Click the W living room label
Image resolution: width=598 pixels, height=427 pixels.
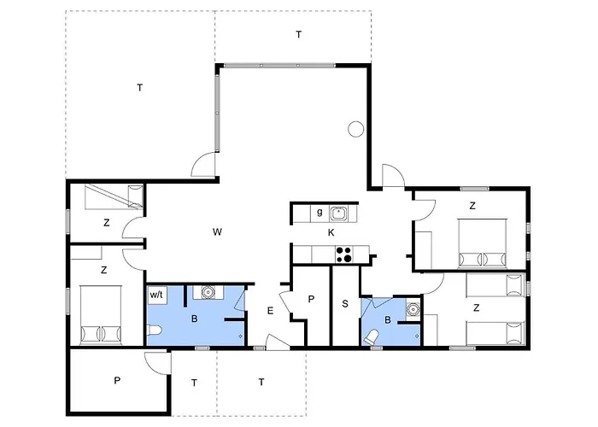217,231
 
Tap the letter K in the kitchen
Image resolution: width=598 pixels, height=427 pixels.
331,232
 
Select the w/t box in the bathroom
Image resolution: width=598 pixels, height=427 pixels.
156,295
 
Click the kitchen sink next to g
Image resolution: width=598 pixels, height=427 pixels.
338,213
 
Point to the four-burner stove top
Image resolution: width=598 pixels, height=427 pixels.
343,254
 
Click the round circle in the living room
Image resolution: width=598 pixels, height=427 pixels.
356,129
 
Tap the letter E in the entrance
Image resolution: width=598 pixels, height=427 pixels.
271,311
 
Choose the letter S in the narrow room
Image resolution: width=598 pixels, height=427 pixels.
345,304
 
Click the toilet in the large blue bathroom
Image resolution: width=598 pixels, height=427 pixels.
155,330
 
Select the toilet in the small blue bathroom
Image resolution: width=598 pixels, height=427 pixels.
372,336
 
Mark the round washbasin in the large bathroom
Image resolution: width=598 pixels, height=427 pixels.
208,292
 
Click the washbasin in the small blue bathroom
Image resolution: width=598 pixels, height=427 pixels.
413,309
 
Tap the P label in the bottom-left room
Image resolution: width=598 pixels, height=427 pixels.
117,381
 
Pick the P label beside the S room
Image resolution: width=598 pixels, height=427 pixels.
311,299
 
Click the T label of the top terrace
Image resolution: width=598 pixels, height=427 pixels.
299,35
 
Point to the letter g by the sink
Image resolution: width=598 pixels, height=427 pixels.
320,212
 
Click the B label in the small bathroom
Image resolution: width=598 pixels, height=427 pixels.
388,320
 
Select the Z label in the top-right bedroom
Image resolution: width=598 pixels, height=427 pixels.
472,206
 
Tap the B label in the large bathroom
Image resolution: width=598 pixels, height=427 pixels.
194,319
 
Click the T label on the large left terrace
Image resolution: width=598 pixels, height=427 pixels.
140,88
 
